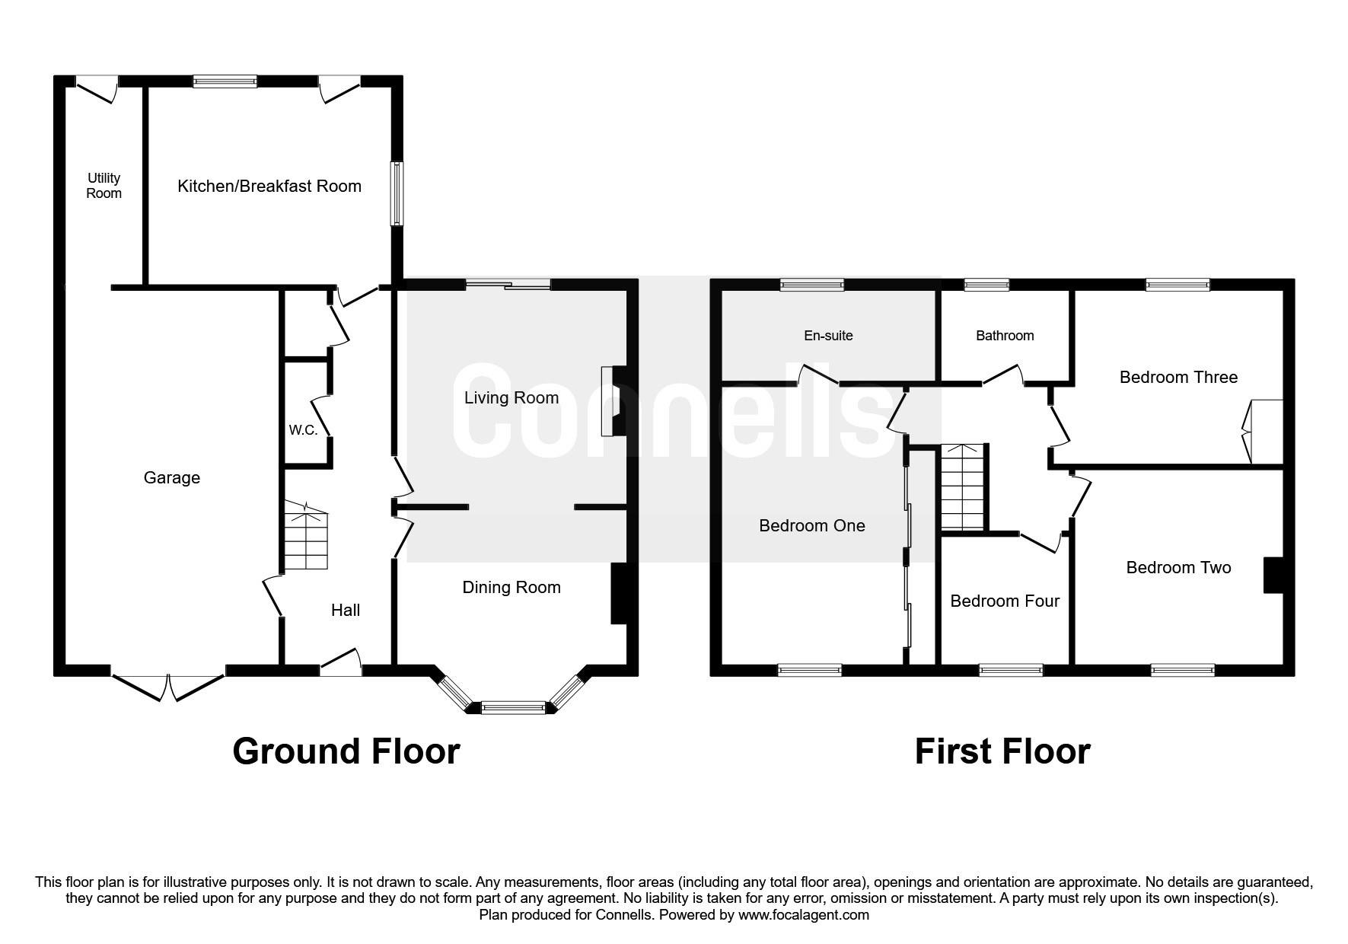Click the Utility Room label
pos(104,186)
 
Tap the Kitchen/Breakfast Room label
pos(269,187)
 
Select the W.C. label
pos(303,430)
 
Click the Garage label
pos(172,477)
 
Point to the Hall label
pos(346,610)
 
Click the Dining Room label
pos(511,587)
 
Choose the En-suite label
pos(829,336)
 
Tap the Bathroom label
pos(1005,336)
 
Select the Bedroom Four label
pos(1005,601)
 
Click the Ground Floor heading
pos(346,751)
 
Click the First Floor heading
pos(1002,751)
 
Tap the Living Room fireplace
pos(614,401)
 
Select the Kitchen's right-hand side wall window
pos(397,193)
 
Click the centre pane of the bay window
pos(513,707)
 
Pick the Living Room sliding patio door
pos(508,285)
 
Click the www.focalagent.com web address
pos(804,915)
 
